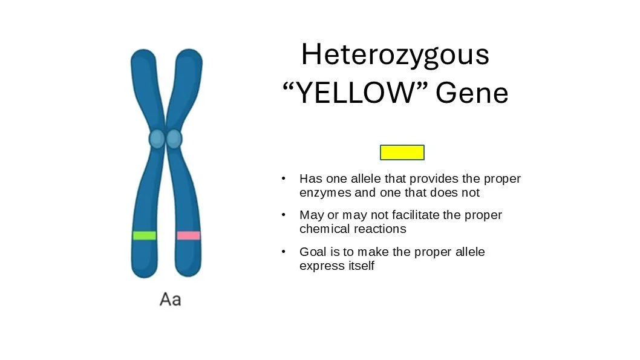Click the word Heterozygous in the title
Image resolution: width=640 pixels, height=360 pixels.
coord(394,55)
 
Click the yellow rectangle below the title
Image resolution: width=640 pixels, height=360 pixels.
coord(402,152)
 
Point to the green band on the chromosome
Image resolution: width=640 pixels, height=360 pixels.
coord(145,235)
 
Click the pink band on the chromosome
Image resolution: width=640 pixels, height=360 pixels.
coord(188,235)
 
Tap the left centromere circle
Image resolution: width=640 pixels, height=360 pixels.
coord(157,139)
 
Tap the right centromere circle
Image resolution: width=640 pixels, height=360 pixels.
coord(174,139)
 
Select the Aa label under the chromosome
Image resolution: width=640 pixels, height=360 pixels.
coord(170,299)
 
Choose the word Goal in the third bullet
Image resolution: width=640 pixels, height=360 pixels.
coord(312,252)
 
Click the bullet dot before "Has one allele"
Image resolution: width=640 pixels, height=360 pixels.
coord(283,179)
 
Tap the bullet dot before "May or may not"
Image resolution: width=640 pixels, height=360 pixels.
coord(283,215)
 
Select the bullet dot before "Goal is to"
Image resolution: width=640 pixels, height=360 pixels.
coord(283,252)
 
